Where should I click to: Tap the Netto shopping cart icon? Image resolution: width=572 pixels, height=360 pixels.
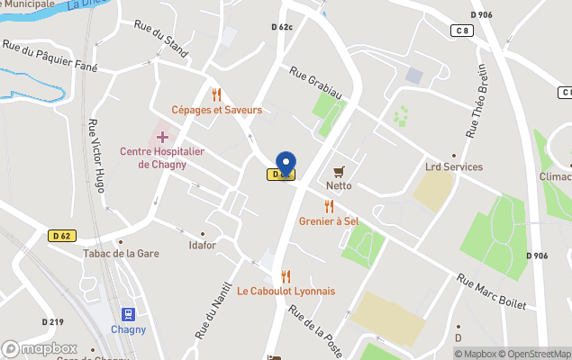click(340, 171)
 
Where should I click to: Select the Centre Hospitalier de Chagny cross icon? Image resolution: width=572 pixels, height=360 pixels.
click(163, 137)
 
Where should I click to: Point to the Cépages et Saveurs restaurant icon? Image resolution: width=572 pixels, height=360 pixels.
click(216, 94)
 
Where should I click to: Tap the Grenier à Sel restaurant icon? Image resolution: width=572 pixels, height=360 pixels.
click(329, 206)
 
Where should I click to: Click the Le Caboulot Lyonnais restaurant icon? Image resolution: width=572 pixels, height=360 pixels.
click(286, 276)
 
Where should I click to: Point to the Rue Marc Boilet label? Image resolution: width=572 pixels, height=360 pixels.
click(491, 292)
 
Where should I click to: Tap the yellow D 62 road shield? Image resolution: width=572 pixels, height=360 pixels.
click(61, 235)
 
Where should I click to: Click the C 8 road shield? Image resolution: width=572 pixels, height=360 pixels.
click(462, 31)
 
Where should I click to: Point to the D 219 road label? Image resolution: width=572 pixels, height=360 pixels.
click(52, 321)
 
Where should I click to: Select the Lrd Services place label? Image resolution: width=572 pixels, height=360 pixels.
click(454, 166)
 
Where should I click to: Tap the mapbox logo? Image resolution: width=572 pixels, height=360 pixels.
click(40, 348)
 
